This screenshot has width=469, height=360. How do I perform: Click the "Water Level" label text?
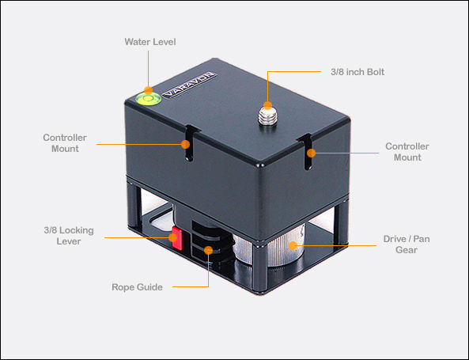point(150,42)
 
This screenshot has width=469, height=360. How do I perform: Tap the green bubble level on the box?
point(149,99)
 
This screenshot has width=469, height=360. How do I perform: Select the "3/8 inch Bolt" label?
point(357,72)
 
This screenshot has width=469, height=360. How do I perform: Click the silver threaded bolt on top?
point(267,116)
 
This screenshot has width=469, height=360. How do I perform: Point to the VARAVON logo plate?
point(190,85)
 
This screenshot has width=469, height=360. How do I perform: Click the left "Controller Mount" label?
point(65,143)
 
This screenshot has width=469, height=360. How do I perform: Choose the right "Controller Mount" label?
point(407,152)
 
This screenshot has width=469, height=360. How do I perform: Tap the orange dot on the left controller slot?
point(185,145)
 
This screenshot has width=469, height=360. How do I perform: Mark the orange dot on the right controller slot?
point(311,153)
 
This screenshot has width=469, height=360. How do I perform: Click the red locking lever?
point(177,238)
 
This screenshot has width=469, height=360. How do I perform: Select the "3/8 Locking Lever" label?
point(69,236)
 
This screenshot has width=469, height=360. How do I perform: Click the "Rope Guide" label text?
point(138,287)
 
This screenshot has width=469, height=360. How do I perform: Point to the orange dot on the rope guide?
point(209,250)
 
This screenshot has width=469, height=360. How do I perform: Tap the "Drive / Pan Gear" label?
point(407,244)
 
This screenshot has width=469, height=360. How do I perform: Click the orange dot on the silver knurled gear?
point(293,245)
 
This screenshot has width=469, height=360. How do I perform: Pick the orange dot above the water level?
point(149,90)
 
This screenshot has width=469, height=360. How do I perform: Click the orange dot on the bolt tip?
point(267,105)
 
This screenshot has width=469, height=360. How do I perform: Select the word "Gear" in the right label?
point(407,250)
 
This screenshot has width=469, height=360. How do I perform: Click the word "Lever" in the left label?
point(69,241)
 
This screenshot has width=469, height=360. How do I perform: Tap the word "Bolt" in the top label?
point(376,72)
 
